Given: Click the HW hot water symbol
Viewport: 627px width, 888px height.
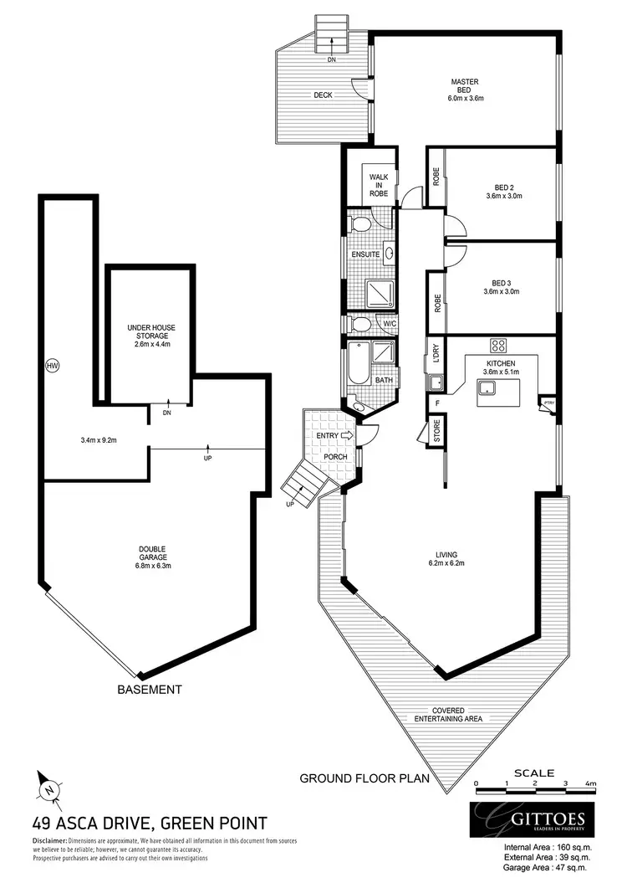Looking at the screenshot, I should coord(53,366).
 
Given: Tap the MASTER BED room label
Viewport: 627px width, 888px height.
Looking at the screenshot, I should coord(466,90).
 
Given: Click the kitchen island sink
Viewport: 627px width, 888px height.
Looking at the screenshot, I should coord(484,387).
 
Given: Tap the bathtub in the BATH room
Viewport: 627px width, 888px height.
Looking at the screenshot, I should coord(356,365).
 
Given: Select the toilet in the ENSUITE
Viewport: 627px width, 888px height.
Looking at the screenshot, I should coord(362,225).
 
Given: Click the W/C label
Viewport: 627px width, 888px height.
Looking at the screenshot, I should coord(389,323).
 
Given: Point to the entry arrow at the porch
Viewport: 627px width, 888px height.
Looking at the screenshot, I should coord(349,435).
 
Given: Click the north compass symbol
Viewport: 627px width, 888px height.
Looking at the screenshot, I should coord(48,788).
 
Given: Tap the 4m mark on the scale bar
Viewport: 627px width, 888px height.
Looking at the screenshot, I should coord(591,783).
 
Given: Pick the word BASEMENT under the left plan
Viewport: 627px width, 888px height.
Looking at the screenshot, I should coord(150,690).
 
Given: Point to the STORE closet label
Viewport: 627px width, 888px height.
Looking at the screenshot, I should coord(436,431).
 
